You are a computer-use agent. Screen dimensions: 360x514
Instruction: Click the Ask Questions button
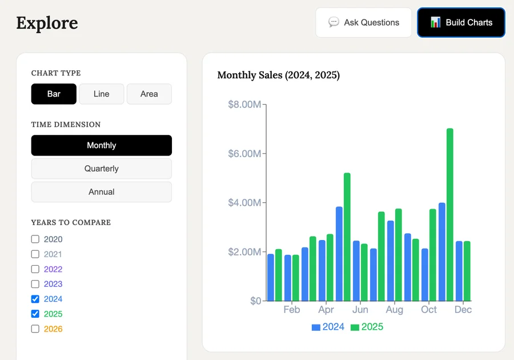pos(363,22)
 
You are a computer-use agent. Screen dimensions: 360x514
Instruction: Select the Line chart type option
pos(101,94)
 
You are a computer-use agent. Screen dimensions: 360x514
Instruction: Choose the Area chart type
pos(149,94)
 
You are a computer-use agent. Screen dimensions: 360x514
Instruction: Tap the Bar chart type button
pos(54,94)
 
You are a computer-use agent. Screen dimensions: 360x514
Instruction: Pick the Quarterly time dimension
pos(101,169)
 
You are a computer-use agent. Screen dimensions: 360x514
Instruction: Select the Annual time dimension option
pos(101,192)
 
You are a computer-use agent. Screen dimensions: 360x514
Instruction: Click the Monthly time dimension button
pos(101,145)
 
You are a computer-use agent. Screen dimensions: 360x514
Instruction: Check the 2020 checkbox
pos(35,239)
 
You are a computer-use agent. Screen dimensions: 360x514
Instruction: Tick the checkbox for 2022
pos(35,269)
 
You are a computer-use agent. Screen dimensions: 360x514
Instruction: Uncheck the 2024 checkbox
pos(35,299)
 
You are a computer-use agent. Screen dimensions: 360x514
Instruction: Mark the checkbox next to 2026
pos(35,329)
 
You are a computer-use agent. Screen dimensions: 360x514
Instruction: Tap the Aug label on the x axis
pos(394,310)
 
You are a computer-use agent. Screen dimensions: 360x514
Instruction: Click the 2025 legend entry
pos(367,327)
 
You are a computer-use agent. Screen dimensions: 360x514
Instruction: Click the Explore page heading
pos(47,23)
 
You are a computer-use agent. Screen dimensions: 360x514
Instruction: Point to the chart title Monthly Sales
pos(278,75)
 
